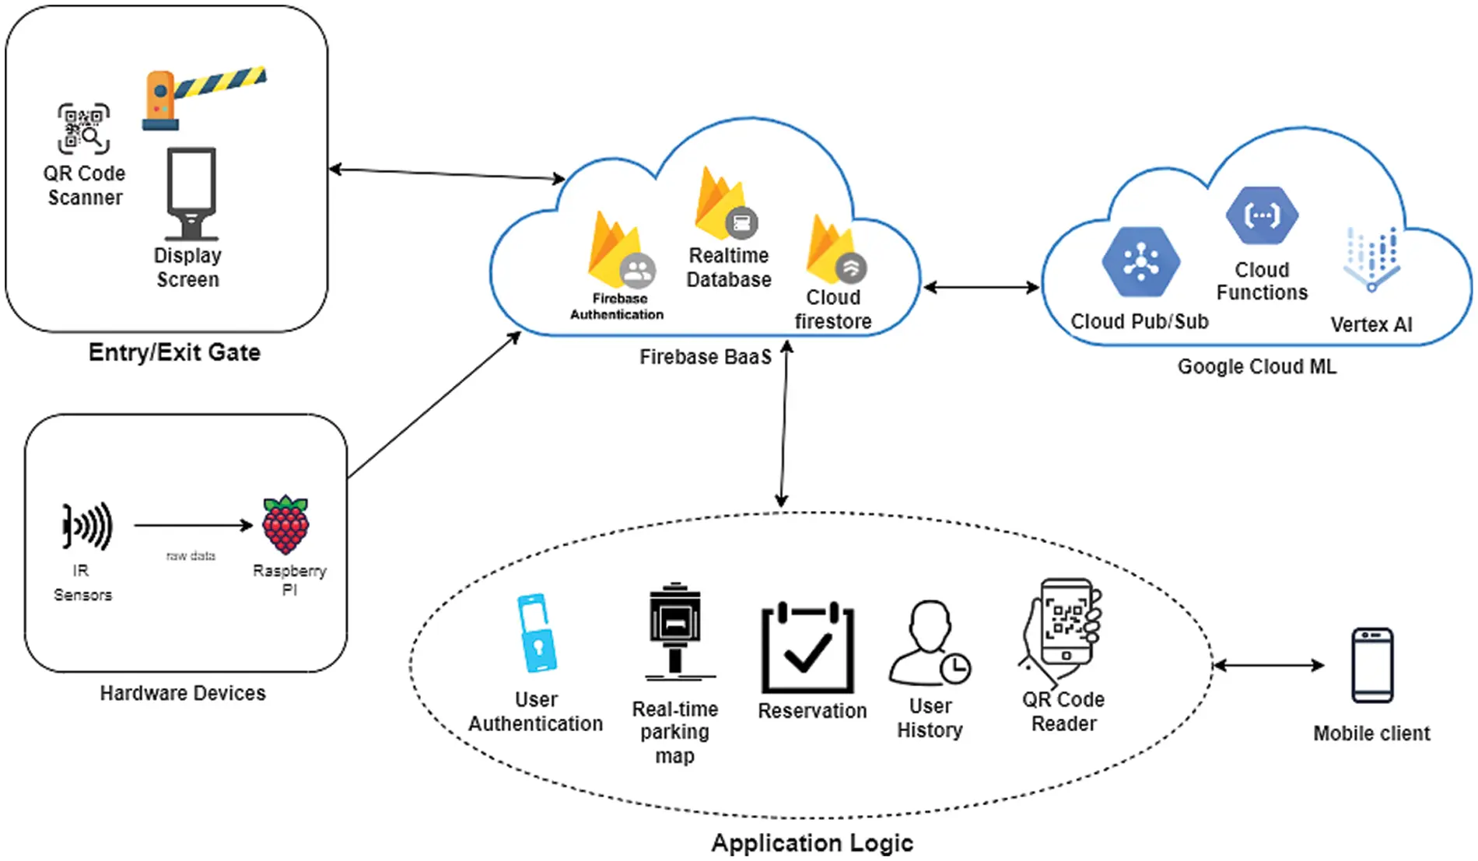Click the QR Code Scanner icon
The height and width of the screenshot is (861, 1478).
pos(84,129)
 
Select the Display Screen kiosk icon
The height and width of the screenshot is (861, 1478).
pos(191,194)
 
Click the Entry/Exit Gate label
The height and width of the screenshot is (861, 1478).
pos(174,352)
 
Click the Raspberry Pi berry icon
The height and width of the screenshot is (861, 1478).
pos(286,525)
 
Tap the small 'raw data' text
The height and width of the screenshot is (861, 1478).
pos(191,556)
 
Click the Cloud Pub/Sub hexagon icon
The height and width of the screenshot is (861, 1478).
pos(1140,262)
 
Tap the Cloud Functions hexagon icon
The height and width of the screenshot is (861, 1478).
pos(1262,215)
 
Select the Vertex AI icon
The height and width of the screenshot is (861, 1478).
pos(1371,259)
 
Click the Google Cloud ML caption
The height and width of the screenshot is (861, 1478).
pos(1256,366)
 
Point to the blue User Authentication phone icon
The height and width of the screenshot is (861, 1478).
pos(537,633)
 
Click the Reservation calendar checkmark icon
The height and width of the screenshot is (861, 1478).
pos(807,647)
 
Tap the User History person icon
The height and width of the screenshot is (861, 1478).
pos(930,642)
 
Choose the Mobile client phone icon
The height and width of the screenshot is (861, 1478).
pos(1372,665)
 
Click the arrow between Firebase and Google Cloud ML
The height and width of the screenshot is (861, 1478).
pos(981,288)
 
